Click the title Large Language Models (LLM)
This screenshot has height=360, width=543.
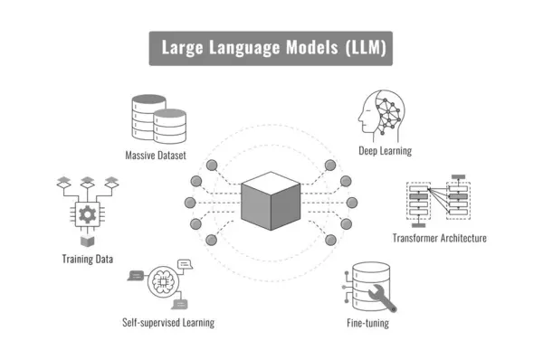point(271,49)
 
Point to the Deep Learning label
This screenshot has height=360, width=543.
point(385,151)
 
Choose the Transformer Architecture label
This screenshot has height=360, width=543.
point(439,238)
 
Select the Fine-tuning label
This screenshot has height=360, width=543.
point(367,322)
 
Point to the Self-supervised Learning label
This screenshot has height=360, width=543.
point(168,321)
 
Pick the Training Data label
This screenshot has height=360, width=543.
point(88,259)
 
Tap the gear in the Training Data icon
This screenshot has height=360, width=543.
point(88,214)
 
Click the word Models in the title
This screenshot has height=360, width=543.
point(310,49)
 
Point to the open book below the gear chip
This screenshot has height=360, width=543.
point(88,242)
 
